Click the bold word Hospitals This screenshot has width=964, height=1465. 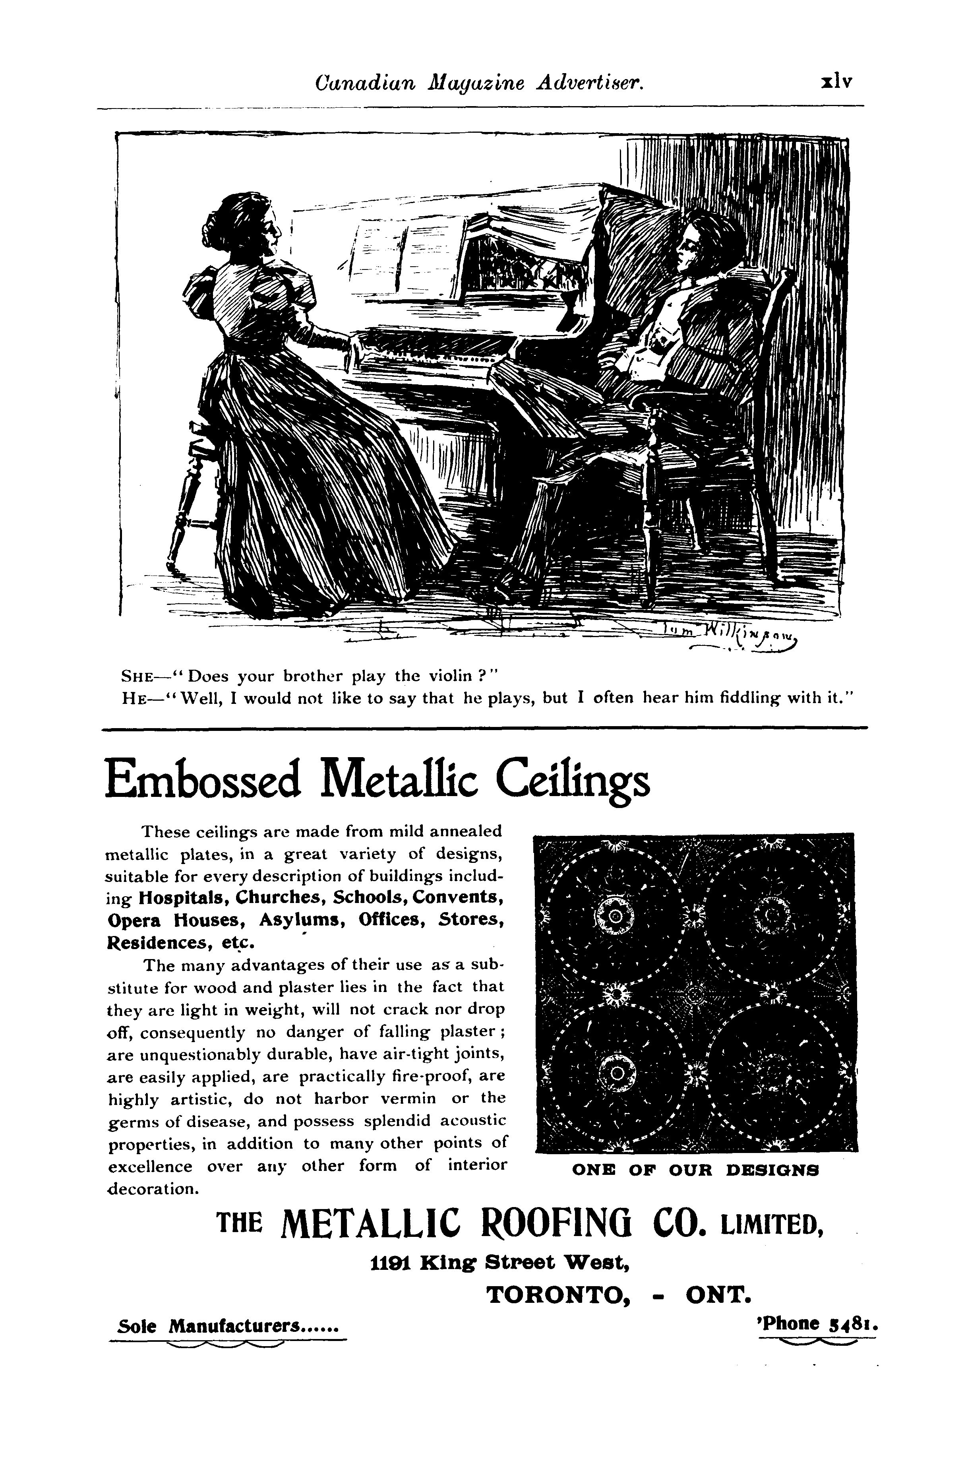click(181, 897)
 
